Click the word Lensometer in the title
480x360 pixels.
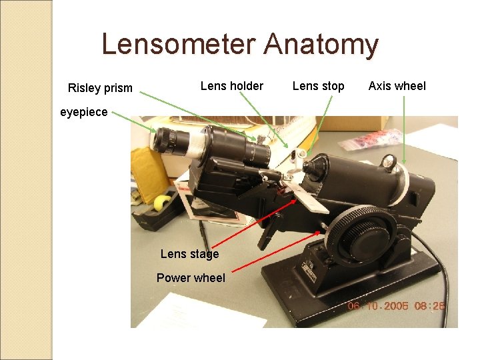click(180, 45)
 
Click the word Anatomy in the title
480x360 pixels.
click(321, 45)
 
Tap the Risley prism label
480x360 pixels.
click(100, 88)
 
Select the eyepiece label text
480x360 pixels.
click(83, 112)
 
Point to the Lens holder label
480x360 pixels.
click(231, 85)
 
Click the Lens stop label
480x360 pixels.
click(318, 85)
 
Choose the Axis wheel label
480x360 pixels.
click(397, 85)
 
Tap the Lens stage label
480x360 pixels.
click(189, 254)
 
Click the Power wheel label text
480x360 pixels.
click(191, 278)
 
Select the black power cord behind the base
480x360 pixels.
click(437, 260)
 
